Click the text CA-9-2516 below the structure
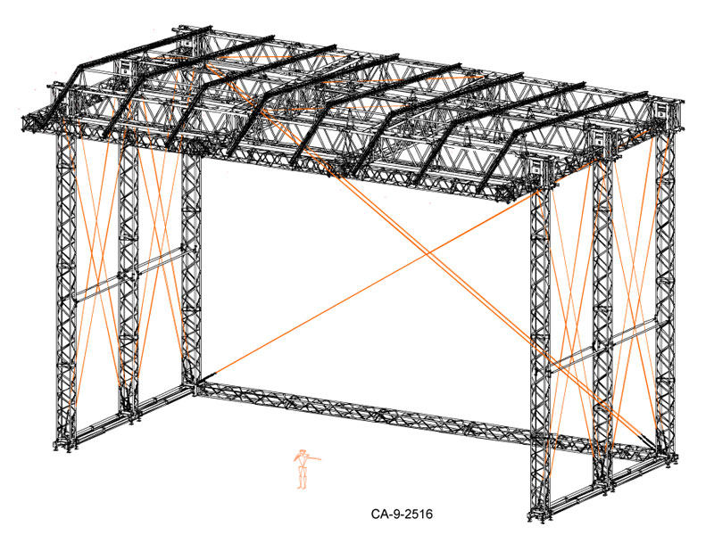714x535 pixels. point(402,514)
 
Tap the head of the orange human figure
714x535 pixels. point(302,452)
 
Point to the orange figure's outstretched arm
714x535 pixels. point(313,458)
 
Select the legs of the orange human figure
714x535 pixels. point(302,478)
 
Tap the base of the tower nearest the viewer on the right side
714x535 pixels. point(540,514)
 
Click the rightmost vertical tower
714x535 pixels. point(665,282)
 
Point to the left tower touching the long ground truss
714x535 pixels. point(191,273)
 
